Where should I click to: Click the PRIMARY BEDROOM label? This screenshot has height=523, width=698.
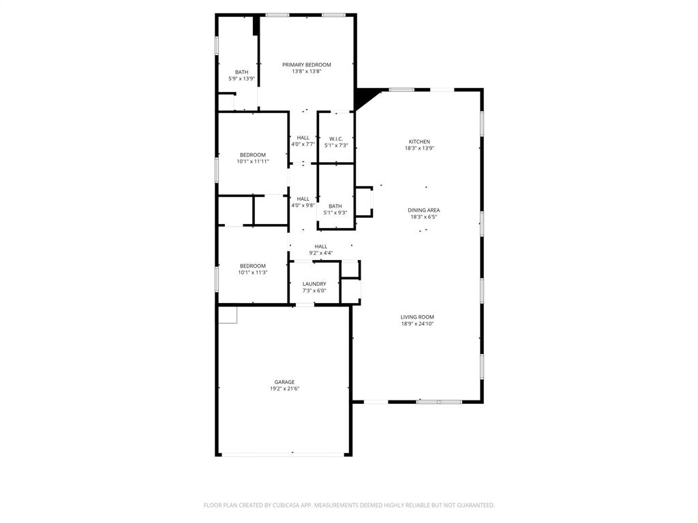tap(307, 65)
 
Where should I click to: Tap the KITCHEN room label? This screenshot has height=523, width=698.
tap(419, 142)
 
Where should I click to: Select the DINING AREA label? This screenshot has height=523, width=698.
tap(423, 210)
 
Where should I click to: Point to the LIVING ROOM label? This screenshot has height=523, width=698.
tap(417, 317)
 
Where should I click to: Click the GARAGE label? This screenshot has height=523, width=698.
tap(284, 382)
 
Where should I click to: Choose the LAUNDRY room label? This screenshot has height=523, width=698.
tap(314, 284)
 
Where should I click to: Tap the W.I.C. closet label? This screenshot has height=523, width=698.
tap(335, 138)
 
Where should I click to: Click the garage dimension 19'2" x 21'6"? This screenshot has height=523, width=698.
tap(284, 389)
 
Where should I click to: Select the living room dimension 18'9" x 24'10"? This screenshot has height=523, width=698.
tap(417, 324)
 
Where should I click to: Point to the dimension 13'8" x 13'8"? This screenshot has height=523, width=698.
tap(307, 72)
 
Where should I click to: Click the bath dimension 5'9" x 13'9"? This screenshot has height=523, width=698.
tap(241, 79)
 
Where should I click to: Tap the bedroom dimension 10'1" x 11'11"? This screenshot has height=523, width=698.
tap(252, 161)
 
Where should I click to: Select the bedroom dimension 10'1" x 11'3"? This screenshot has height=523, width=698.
tap(252, 272)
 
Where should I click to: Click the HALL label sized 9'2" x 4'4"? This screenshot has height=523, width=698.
tap(320, 247)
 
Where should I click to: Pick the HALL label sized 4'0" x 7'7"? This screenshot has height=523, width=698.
tap(303, 138)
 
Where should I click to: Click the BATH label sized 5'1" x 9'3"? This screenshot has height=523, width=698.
tap(335, 206)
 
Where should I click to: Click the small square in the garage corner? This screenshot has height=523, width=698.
tap(228, 314)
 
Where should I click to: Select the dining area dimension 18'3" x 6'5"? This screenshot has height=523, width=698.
tap(423, 217)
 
